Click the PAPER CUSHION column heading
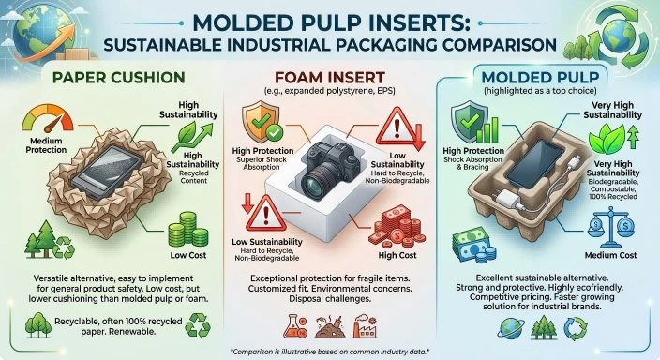pos(119,78)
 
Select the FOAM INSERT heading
pos(330,78)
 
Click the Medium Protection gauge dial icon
pos(48,119)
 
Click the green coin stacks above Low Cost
pos(187,229)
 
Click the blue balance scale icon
pos(612,228)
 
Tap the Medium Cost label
pos(610,255)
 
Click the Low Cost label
pos(188,255)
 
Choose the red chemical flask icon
pos(295,326)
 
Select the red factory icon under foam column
pos(365,326)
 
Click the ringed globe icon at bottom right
pos(511,328)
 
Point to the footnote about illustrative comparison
pos(330,352)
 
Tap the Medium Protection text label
pos(46,145)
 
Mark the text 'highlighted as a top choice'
pos(540,91)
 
